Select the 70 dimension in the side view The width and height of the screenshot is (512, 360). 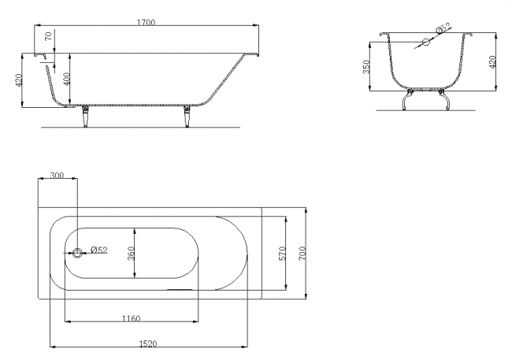(x=49, y=36)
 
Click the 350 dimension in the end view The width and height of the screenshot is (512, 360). (x=367, y=69)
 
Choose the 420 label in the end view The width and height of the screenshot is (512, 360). (x=493, y=61)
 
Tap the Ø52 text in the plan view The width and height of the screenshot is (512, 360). (x=98, y=251)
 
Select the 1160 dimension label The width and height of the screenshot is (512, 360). (x=131, y=317)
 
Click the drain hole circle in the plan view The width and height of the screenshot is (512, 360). (x=78, y=253)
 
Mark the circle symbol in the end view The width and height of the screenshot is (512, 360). (x=424, y=42)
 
